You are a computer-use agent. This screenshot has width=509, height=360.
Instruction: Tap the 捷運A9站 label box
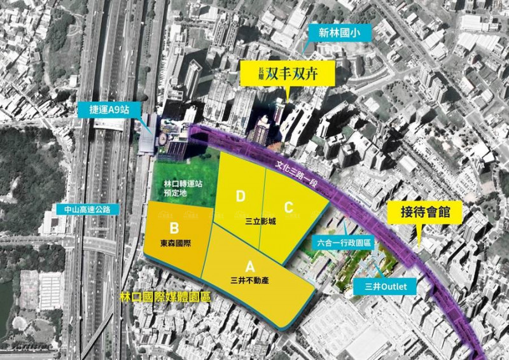click(109, 110)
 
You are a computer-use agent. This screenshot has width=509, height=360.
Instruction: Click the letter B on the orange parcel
click(172, 228)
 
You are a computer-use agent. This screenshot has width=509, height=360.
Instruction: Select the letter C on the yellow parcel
click(288, 207)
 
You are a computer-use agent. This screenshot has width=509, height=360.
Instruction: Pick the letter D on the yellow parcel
click(240, 197)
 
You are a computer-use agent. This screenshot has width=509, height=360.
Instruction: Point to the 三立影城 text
click(261, 222)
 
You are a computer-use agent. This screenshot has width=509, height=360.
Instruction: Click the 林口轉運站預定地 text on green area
click(173, 189)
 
